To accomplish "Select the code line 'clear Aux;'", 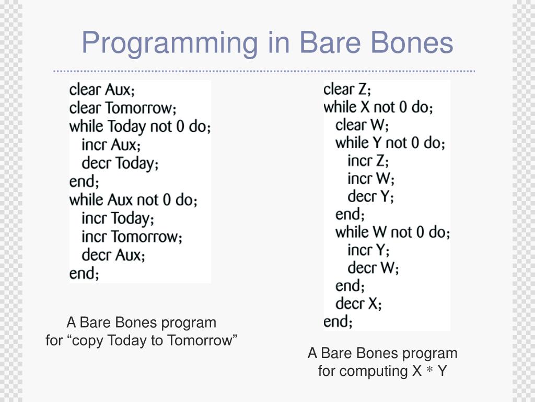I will coord(102,90).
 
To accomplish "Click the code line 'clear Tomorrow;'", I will coord(123,108).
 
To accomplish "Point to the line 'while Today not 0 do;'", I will coord(139,127).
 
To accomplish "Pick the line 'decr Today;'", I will coord(120,163).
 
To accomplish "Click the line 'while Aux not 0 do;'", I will coord(133,200).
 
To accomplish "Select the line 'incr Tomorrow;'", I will coord(132,237).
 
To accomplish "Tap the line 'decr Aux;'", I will coord(113,255).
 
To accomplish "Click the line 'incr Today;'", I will coord(118,218).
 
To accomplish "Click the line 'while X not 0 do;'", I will coord(378,107).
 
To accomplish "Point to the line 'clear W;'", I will coord(362,125).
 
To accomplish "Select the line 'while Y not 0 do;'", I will coord(390,143).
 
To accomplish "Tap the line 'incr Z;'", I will coord(368,161).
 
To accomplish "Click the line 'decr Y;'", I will coord(370,196).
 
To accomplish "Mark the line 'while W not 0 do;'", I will coord(392,232).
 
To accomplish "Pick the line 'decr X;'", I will coord(358,304).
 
